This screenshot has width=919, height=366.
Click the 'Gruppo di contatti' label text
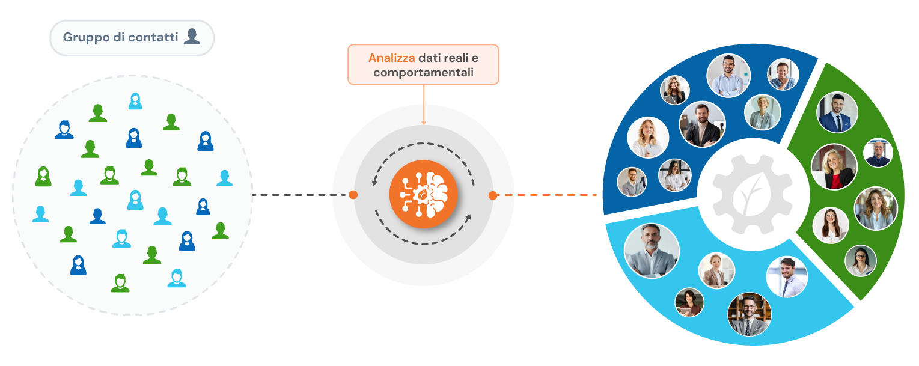tap(120, 37)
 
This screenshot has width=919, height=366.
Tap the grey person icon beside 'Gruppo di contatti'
tap(192, 37)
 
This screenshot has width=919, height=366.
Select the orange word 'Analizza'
tap(391, 58)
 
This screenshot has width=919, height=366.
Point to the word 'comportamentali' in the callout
tap(423, 73)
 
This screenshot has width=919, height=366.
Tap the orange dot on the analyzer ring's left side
tap(353, 195)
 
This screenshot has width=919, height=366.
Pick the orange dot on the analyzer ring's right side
tap(493, 195)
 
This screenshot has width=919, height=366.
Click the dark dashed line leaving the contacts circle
tap(301, 195)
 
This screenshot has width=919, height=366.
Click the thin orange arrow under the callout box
tap(424, 105)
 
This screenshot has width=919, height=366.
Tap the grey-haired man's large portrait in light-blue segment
tap(652, 251)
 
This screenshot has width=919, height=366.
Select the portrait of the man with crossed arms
tap(728, 76)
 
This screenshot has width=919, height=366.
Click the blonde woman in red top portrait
tap(834, 166)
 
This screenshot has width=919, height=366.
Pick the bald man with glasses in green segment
tap(878, 153)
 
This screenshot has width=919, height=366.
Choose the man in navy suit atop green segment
tap(837, 112)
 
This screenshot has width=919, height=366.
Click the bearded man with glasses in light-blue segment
tap(749, 314)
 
